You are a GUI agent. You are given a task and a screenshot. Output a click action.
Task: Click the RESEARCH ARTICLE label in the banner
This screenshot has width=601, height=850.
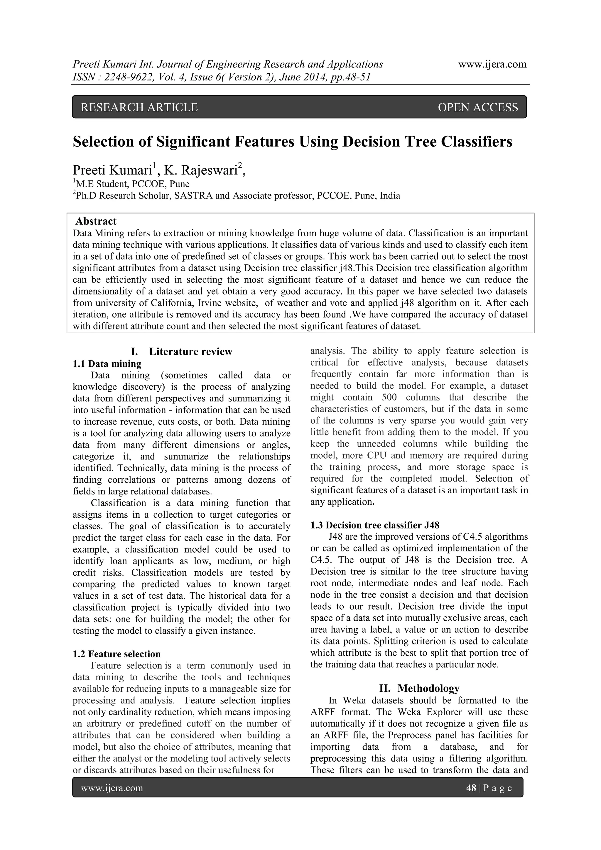point(139,107)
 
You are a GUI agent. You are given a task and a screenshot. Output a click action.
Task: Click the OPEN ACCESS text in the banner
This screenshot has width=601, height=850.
point(478,107)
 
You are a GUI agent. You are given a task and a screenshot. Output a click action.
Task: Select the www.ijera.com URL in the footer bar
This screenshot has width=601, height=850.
point(112,788)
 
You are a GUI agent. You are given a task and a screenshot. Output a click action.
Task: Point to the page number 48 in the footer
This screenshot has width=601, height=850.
point(471,788)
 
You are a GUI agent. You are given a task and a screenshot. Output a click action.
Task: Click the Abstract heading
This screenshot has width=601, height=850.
point(96,221)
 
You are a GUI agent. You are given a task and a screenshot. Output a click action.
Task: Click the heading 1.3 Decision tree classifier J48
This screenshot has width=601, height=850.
point(374,525)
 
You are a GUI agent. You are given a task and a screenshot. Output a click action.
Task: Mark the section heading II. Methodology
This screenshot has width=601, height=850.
point(419,688)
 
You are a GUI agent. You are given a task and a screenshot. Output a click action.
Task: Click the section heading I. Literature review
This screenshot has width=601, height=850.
point(182,351)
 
